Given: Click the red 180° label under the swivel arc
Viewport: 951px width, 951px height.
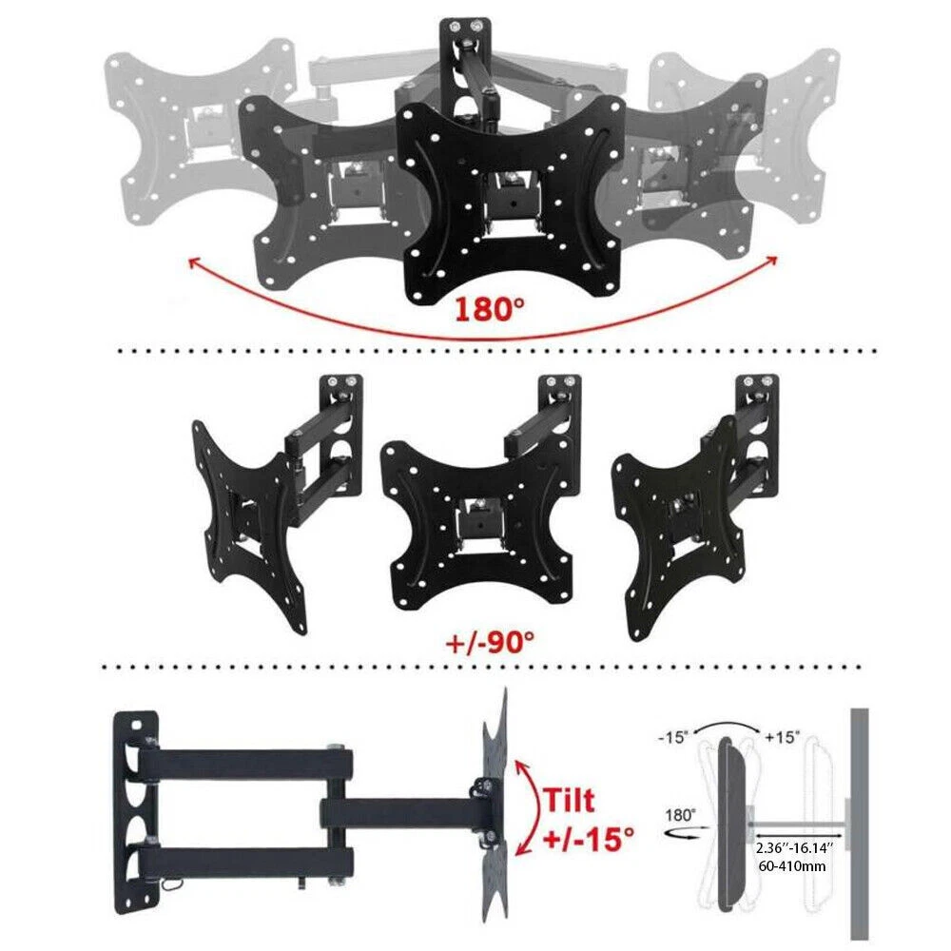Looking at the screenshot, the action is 489,308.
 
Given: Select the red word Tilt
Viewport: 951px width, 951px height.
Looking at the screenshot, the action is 569,800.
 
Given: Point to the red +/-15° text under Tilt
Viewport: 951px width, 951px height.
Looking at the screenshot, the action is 588,841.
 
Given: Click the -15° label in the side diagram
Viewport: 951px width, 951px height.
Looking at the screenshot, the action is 672,738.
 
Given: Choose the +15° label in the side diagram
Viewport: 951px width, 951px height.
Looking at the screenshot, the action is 783,738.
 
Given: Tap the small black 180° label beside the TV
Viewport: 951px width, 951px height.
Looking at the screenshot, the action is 681,815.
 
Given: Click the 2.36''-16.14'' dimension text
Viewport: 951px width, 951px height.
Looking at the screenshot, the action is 793,847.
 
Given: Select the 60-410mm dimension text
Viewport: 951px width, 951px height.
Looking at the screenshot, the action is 792,866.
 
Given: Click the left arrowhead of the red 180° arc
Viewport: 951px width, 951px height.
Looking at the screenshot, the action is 193,263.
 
